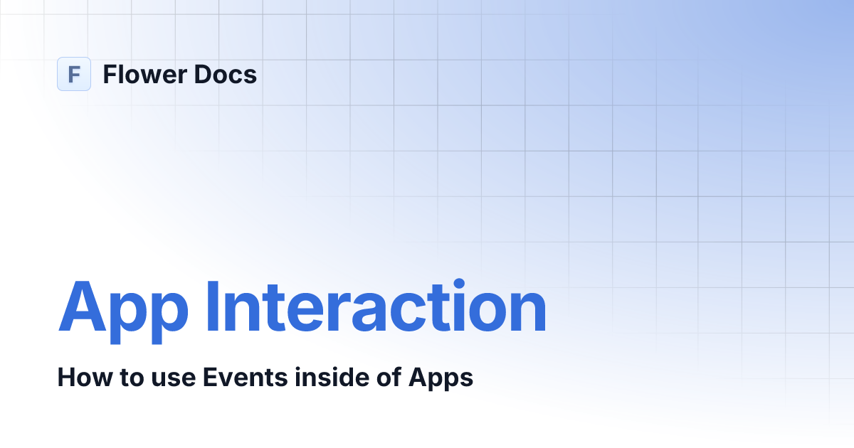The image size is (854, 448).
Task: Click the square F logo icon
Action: pyautogui.click(x=74, y=74)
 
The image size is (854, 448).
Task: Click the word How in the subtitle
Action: pyautogui.click(x=78, y=378)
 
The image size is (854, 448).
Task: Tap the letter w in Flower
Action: pyautogui.click(x=151, y=76)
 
